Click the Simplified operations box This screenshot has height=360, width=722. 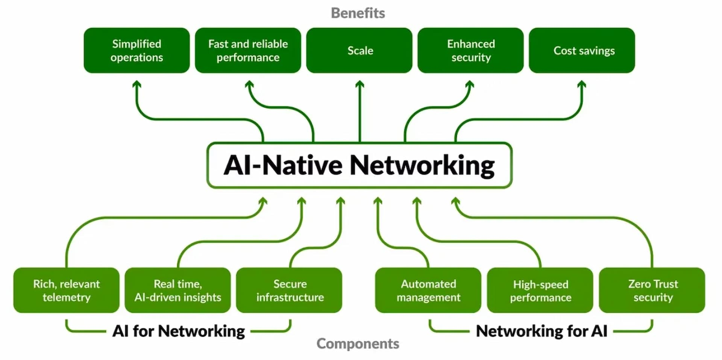(x=137, y=50)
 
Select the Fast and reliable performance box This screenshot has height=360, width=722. (x=248, y=50)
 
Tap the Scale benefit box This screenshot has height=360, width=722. (x=359, y=50)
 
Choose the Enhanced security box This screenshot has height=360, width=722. (x=470, y=50)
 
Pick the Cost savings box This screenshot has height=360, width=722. (x=582, y=50)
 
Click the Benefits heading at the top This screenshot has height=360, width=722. (x=358, y=13)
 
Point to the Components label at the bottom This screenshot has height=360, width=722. (x=358, y=343)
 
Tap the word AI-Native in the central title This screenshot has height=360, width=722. (x=283, y=165)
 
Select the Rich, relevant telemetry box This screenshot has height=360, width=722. (x=67, y=290)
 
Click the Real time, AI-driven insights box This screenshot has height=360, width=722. (x=177, y=290)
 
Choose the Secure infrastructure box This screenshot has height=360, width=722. (x=289, y=290)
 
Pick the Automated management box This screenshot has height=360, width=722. (x=428, y=290)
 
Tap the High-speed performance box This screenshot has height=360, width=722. (x=540, y=290)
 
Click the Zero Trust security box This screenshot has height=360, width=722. (x=652, y=290)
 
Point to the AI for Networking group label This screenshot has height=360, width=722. (x=179, y=331)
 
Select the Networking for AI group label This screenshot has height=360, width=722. (x=541, y=331)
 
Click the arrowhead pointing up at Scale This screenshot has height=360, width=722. (x=360, y=84)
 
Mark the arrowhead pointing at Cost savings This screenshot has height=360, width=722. (x=582, y=84)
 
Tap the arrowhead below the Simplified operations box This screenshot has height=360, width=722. (x=137, y=84)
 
